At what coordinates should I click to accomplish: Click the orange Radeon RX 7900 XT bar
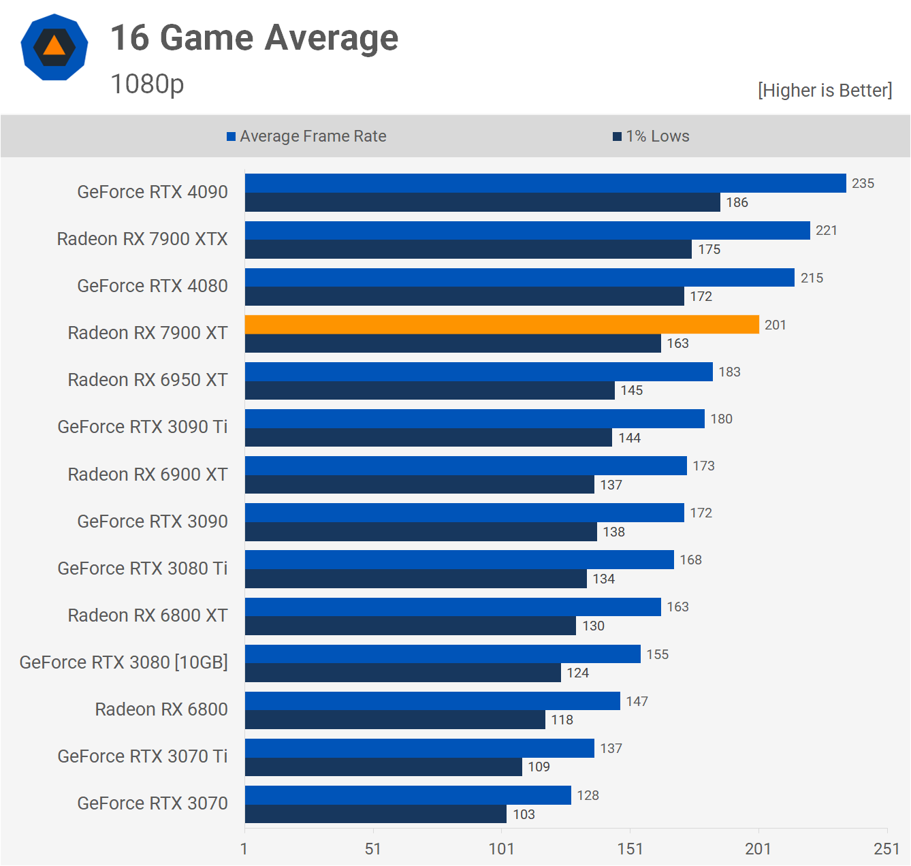point(502,325)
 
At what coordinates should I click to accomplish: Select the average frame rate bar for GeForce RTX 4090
point(545,183)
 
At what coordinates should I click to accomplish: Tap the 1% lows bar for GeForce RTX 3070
point(375,814)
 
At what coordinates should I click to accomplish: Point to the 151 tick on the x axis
point(630,848)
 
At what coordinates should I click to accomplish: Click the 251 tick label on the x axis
point(886,848)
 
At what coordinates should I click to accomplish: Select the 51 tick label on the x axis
point(373,848)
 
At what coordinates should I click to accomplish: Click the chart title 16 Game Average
point(254,38)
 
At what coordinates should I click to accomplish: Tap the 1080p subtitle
point(147,84)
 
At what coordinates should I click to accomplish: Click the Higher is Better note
point(825,91)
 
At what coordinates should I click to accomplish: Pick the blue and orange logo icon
point(54,47)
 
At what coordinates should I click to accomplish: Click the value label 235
point(863,183)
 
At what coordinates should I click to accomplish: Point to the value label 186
point(737,202)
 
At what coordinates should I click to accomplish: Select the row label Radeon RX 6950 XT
point(148,380)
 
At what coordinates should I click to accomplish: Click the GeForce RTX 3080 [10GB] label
point(123,662)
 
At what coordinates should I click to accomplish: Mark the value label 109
point(539,767)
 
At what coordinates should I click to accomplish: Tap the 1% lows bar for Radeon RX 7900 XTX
point(468,249)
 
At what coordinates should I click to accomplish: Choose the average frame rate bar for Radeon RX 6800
point(432,701)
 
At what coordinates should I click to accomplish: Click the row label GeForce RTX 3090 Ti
point(142,427)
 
